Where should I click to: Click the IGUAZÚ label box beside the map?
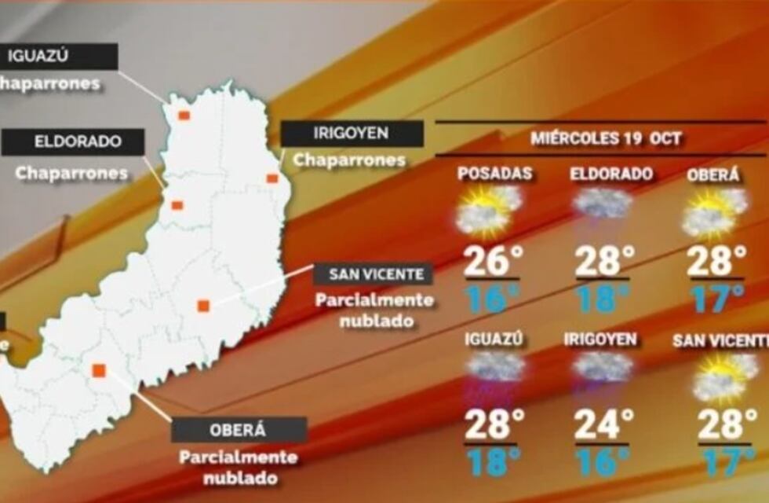point(59,56)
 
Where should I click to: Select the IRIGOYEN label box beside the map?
point(352,134)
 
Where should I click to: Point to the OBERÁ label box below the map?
point(239,430)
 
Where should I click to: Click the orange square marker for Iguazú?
point(184,115)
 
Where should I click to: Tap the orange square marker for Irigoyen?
point(272,178)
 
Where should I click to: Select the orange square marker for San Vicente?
point(202,306)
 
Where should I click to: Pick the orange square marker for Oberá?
point(99,370)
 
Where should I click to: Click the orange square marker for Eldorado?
point(177,205)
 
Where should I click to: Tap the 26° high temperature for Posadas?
point(491,262)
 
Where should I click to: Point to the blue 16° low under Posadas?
point(491,298)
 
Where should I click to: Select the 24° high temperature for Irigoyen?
point(604,425)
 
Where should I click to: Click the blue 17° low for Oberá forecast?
point(717,298)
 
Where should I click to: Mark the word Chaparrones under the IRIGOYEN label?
point(349,160)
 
